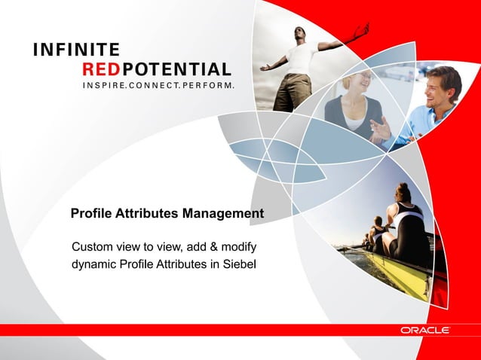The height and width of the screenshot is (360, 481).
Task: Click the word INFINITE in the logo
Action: point(75,51)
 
